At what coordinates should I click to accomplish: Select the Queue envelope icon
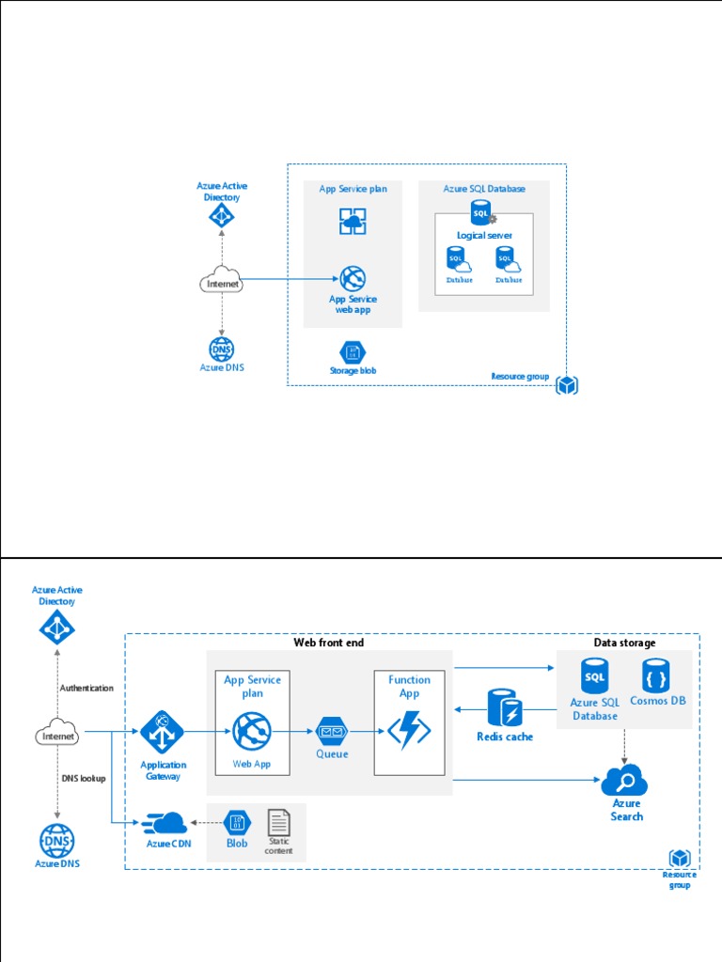click(332, 730)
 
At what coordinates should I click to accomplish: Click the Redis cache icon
click(505, 708)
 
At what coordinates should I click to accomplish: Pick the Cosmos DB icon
click(657, 675)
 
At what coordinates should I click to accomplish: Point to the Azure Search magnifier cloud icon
click(625, 780)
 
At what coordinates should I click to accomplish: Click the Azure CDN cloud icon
click(165, 824)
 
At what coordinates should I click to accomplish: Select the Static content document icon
click(278, 823)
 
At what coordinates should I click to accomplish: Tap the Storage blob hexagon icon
click(353, 352)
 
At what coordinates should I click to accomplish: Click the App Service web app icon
click(353, 279)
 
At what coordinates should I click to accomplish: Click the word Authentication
click(86, 688)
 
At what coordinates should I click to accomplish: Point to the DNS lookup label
click(84, 779)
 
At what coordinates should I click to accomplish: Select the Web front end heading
click(328, 643)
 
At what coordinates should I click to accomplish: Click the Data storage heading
click(624, 643)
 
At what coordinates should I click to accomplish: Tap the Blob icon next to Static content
click(236, 823)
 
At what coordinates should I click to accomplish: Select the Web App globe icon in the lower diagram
click(252, 731)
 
